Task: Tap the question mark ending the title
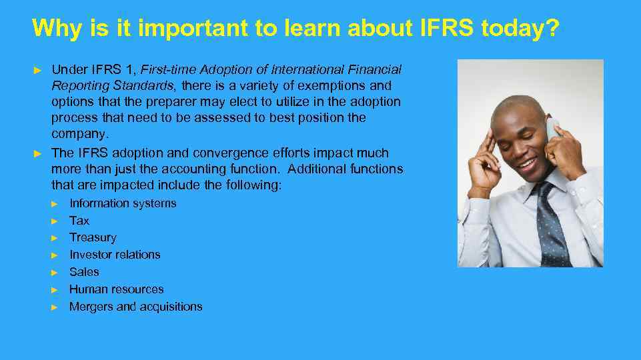click(554, 29)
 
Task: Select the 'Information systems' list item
click(123, 203)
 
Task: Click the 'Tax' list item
click(79, 221)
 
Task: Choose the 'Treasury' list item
click(93, 237)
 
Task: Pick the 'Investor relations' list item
click(115, 255)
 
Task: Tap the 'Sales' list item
click(84, 272)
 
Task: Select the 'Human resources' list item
click(116, 289)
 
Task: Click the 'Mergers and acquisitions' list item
click(135, 307)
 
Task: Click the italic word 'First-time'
click(167, 69)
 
